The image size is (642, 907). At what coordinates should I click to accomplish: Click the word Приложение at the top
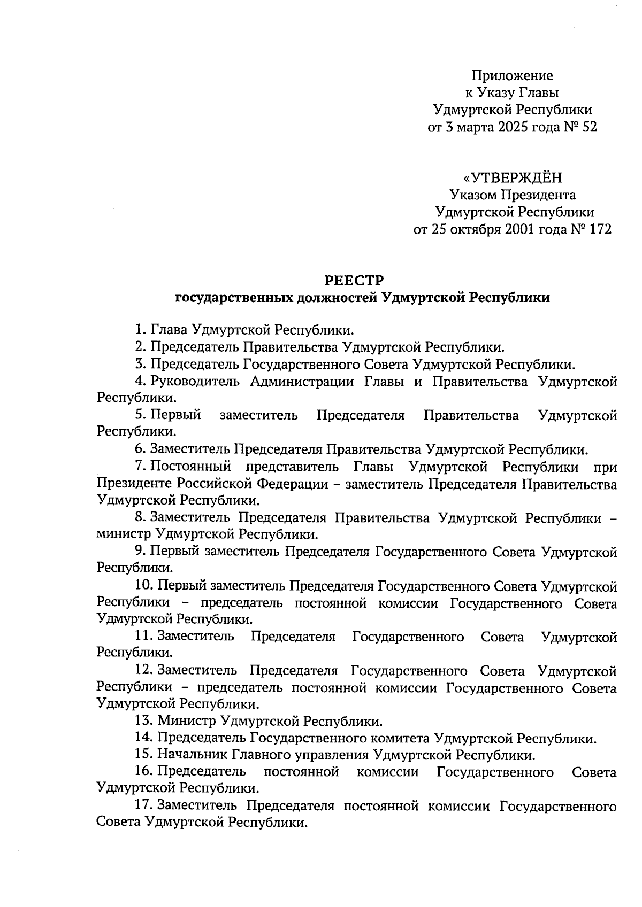tap(512, 75)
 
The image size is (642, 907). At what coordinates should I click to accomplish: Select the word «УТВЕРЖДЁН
tap(513, 178)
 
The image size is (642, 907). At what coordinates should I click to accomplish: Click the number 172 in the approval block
tap(599, 230)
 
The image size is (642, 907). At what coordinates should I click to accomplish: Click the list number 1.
tap(140, 330)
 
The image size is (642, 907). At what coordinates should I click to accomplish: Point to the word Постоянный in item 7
tap(190, 467)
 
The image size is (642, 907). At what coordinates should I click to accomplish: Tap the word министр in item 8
tap(124, 534)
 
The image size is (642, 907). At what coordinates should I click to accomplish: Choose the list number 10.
tap(143, 586)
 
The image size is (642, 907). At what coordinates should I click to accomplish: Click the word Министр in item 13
tap(187, 722)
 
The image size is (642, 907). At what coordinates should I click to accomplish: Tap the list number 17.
tap(144, 805)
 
